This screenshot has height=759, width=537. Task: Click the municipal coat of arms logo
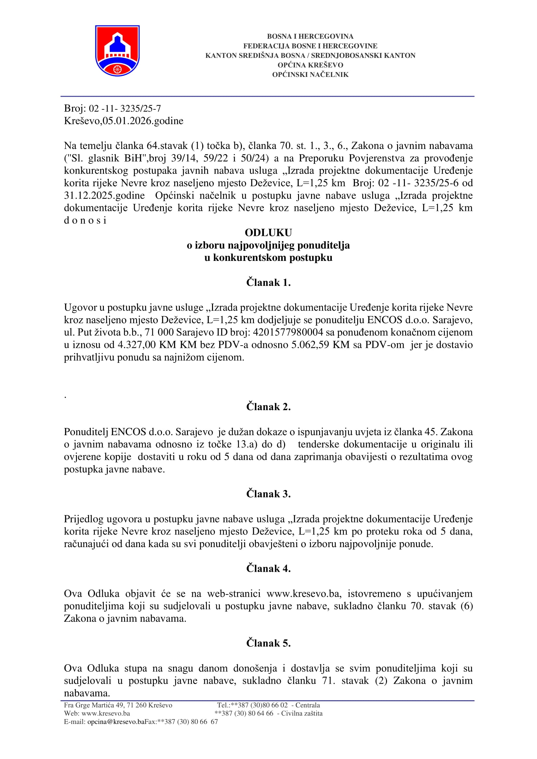[x=117, y=51]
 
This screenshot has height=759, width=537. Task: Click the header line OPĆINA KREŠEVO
[x=310, y=65]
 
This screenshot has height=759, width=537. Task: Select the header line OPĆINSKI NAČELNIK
[x=310, y=74]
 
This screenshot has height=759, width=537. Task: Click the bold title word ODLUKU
[x=268, y=233]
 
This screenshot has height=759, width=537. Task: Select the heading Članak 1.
[x=268, y=282]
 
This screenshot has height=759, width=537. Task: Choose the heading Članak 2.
[x=268, y=407]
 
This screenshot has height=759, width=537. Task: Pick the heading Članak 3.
[x=268, y=494]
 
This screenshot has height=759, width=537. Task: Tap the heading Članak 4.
[x=268, y=568]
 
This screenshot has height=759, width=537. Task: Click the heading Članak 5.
[x=268, y=643]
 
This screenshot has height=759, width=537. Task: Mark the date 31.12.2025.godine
[x=104, y=195]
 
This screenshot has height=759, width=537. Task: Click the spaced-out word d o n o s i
[x=85, y=220]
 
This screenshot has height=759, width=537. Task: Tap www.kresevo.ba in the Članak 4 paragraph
[x=303, y=594]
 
